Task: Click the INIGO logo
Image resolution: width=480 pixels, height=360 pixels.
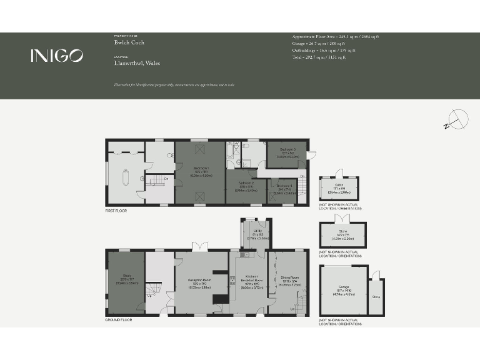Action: point(56,56)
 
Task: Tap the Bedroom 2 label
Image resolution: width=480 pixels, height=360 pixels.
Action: point(246,186)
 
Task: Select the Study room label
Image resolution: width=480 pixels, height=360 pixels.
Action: point(127,277)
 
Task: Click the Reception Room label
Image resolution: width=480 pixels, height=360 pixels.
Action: point(201,282)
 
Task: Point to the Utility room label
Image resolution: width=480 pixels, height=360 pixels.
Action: point(257,233)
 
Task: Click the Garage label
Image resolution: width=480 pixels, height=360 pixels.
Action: point(343,289)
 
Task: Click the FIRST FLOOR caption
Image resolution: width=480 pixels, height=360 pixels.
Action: point(116,211)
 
